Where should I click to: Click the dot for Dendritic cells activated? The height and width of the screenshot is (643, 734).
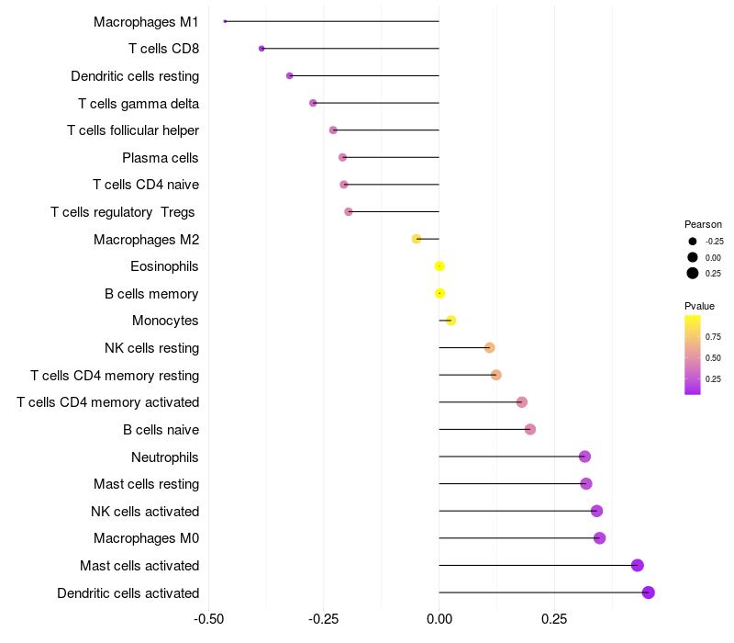pyautogui.click(x=648, y=592)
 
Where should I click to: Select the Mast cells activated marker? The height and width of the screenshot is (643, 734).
pyautogui.click(x=638, y=566)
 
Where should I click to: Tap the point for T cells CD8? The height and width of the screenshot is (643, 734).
pyautogui.click(x=261, y=49)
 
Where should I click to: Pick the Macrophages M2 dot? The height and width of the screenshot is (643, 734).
pyautogui.click(x=417, y=239)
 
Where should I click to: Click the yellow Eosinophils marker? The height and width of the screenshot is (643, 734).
pyautogui.click(x=439, y=266)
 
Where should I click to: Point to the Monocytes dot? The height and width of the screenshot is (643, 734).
pyautogui.click(x=450, y=321)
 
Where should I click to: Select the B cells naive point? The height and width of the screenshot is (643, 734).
pyautogui.click(x=529, y=429)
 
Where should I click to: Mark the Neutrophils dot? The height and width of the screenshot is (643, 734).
pyautogui.click(x=584, y=457)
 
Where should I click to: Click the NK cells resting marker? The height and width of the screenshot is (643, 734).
pyautogui.click(x=489, y=348)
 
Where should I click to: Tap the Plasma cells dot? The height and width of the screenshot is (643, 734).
pyautogui.click(x=342, y=157)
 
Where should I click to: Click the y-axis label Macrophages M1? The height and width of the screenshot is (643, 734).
pyautogui.click(x=146, y=21)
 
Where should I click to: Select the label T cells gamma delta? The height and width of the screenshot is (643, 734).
pyautogui.click(x=139, y=103)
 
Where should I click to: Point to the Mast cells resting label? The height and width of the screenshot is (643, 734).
pyautogui.click(x=146, y=484)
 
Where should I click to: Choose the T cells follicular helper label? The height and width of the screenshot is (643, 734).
pyautogui.click(x=133, y=130)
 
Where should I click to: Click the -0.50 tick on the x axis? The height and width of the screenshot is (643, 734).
pyautogui.click(x=209, y=618)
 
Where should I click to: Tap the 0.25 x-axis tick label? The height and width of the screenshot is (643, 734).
pyautogui.click(x=554, y=618)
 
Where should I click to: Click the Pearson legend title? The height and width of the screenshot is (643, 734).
pyautogui.click(x=703, y=224)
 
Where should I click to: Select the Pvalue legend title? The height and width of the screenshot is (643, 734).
pyautogui.click(x=699, y=306)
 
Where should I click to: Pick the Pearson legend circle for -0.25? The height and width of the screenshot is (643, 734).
pyautogui.click(x=693, y=242)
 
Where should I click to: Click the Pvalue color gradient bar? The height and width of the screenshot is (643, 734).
pyautogui.click(x=693, y=355)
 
